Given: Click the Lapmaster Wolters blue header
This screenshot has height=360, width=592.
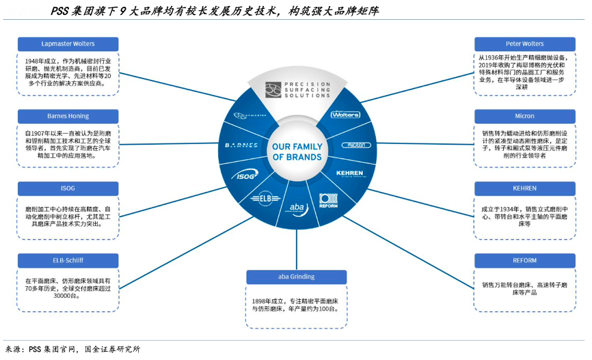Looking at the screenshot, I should pos(68,44).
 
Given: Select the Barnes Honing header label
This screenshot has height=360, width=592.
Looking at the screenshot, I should pos(68,116).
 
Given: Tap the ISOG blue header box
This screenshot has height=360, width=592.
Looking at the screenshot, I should pos(68,188).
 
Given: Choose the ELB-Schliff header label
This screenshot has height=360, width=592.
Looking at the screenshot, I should pos(68,260).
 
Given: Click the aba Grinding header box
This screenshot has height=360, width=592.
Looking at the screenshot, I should pos(296,277).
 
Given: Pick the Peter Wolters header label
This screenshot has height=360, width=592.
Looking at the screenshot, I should pos(524,44).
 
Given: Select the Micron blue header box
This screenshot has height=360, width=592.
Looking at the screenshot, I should pos(524,116).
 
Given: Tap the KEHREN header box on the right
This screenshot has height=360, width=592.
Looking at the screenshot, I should pos(524,188).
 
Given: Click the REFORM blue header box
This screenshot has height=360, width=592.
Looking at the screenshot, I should pos(524,260).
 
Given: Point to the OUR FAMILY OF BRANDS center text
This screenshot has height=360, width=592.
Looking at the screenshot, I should pos(297,152).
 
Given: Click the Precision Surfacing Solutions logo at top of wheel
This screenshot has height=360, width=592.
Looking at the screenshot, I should pos(297,89).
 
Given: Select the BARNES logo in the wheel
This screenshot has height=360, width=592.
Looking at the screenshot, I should pos(241,146).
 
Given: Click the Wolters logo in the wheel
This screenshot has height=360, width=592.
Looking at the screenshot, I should pos(345,115).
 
